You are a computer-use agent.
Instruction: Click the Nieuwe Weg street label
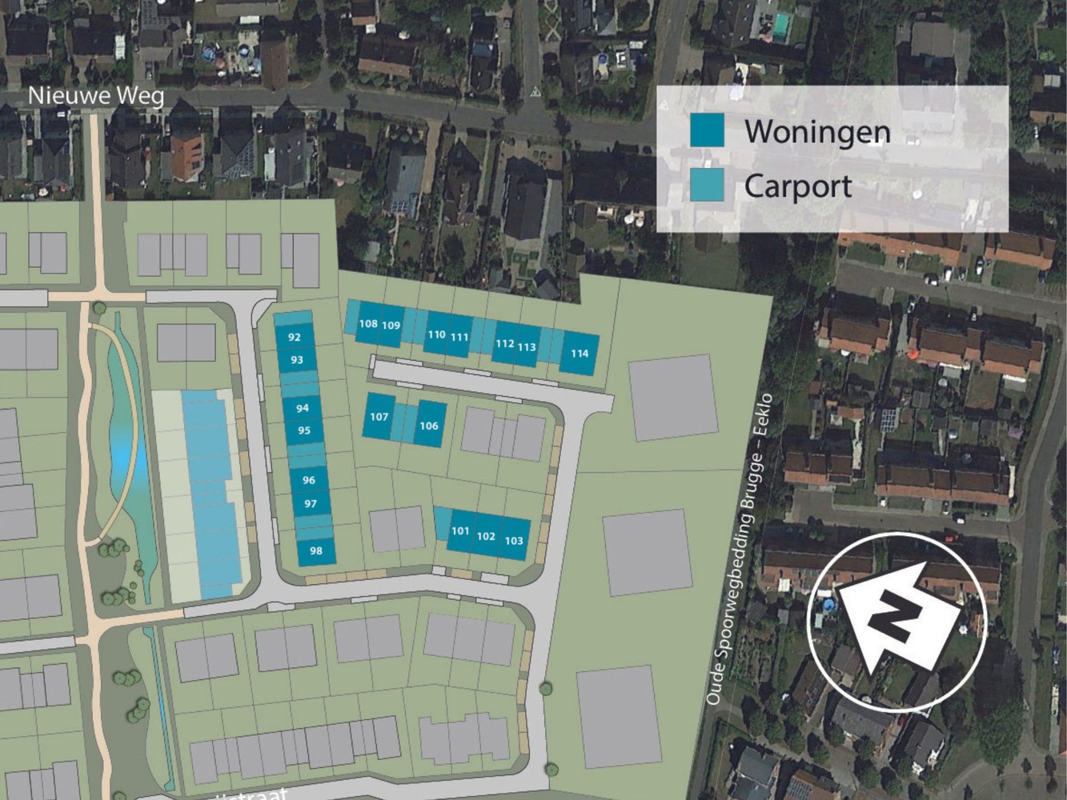click(96, 97)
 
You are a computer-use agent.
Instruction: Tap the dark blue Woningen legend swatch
click(707, 130)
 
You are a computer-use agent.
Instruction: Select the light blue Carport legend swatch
click(707, 185)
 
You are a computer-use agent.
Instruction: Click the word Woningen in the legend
click(817, 131)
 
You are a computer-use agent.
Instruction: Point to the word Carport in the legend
click(797, 186)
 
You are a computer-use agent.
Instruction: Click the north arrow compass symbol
click(896, 619)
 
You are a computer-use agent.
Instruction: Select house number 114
click(580, 354)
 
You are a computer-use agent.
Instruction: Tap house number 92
click(295, 338)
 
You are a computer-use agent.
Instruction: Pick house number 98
click(315, 550)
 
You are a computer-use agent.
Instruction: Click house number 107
click(379, 417)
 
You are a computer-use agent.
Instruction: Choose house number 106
click(429, 426)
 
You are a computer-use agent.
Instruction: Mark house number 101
click(460, 531)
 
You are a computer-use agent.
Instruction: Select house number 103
click(514, 541)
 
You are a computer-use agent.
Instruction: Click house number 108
click(368, 323)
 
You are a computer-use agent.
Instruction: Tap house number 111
click(459, 337)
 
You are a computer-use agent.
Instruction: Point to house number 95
click(303, 430)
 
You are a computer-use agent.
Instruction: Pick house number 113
click(526, 347)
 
